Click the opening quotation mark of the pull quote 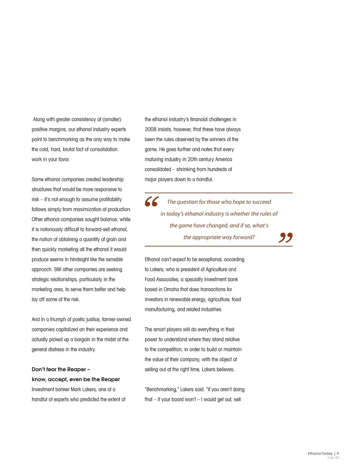(x=152, y=201)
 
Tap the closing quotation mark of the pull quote (x=285, y=238)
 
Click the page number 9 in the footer (x=337, y=453)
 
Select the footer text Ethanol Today (x=320, y=453)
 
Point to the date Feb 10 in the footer (x=333, y=458)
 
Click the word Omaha (x=171, y=289)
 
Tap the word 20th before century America (x=193, y=159)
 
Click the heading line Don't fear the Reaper (x=61, y=369)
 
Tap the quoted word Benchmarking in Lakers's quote (x=161, y=389)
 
